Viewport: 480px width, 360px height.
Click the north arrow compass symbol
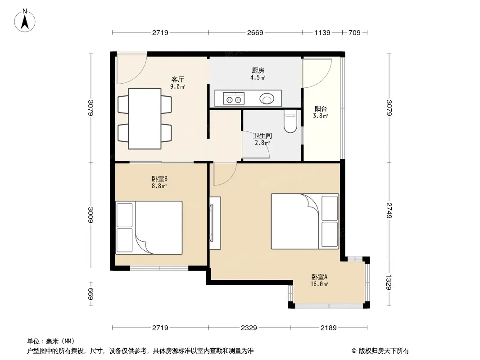[x=25, y=21]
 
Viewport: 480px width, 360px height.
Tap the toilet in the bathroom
[x=290, y=121]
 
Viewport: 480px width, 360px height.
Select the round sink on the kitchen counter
[x=267, y=99]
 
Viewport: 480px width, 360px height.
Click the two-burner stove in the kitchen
[x=234, y=99]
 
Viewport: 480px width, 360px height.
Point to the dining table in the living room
[x=145, y=119]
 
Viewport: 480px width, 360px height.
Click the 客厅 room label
[x=177, y=80]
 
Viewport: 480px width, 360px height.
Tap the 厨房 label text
[x=258, y=71]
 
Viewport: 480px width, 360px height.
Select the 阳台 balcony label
[x=321, y=108]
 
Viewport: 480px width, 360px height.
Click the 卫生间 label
[x=263, y=135]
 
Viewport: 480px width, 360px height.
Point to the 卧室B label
[x=159, y=179]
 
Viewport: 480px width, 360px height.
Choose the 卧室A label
[x=319, y=277]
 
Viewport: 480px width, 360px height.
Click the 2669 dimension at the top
[x=255, y=32]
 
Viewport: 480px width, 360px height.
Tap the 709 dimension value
[x=354, y=32]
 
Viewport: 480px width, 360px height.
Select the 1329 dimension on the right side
[x=389, y=282]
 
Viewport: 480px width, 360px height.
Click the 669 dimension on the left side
[x=91, y=294]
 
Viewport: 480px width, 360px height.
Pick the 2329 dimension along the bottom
[x=249, y=328]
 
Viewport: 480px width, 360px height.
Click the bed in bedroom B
[x=149, y=228]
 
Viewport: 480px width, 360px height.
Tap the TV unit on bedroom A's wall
[x=215, y=223]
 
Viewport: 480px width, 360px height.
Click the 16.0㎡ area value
[x=319, y=284]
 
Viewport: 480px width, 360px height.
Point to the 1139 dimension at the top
[x=322, y=32]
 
